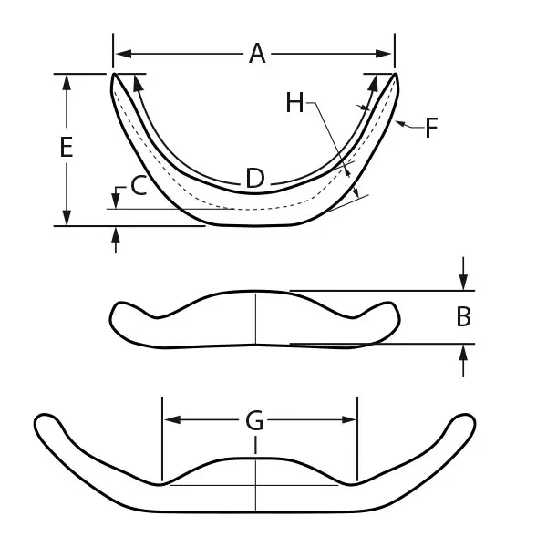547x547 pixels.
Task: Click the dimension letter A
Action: click(x=258, y=55)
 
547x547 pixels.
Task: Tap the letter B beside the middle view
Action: click(x=463, y=317)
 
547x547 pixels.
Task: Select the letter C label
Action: click(x=139, y=186)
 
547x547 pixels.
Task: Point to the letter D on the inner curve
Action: click(x=255, y=180)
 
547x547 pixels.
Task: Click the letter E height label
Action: click(x=66, y=148)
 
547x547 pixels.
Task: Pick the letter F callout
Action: click(x=431, y=127)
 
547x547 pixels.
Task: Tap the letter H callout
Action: click(x=294, y=103)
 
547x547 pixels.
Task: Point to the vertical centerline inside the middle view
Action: click(x=255, y=318)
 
